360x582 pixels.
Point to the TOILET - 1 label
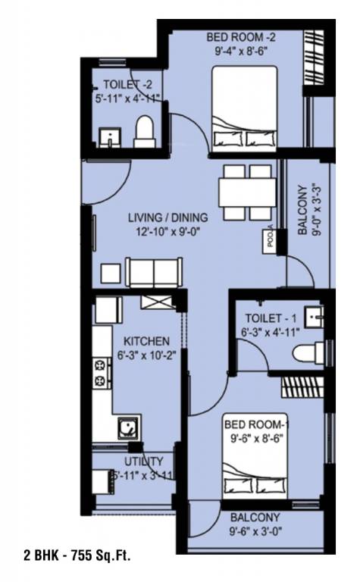coord(271,318)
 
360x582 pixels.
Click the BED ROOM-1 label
coord(258,424)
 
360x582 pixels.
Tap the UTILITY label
coord(142,461)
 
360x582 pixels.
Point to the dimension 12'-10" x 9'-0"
coord(167,233)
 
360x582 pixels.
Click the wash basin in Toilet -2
coord(110,138)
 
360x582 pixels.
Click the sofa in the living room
coord(154,271)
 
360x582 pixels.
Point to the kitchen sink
coord(127,428)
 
